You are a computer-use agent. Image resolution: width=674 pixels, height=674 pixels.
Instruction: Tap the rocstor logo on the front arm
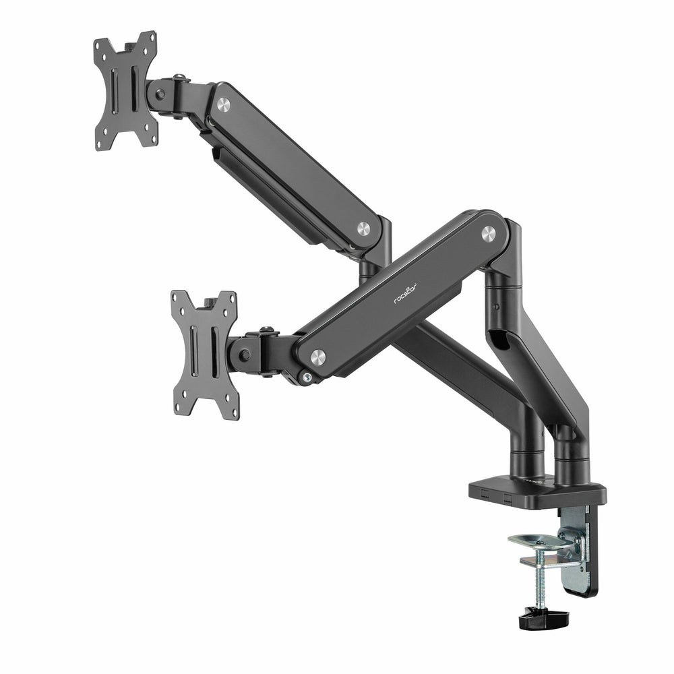click(x=405, y=293)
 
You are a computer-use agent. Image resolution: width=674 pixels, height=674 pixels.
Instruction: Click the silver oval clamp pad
click(x=540, y=540)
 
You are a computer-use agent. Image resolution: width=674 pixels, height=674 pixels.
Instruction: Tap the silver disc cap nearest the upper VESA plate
click(x=223, y=104)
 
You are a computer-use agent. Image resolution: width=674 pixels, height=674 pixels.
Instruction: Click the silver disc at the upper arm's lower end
click(x=363, y=228)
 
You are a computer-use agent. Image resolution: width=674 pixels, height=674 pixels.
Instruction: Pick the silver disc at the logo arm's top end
click(x=488, y=233)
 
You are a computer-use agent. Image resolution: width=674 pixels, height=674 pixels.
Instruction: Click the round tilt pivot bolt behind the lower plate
click(x=245, y=355)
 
